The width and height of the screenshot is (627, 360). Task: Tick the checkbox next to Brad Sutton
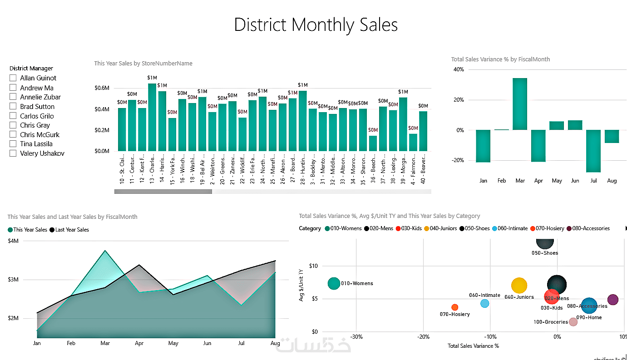tap(13, 107)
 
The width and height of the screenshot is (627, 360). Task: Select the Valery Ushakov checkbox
tap(13, 153)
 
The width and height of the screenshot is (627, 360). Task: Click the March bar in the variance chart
tap(520, 104)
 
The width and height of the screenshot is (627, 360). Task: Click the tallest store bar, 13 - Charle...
tap(152, 117)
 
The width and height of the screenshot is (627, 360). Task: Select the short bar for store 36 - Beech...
tap(373, 143)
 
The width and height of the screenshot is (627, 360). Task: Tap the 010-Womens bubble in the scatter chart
tap(334, 284)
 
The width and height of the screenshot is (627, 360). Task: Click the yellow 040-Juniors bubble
tap(519, 286)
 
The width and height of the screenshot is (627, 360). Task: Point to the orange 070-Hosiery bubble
tap(455, 307)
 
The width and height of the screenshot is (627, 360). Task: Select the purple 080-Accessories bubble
tap(613, 300)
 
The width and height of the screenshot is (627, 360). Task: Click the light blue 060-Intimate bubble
tap(485, 303)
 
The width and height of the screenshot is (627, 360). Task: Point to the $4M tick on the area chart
tap(13, 241)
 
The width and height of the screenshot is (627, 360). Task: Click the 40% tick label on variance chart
tap(459, 69)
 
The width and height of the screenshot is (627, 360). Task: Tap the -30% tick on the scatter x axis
tap(356, 337)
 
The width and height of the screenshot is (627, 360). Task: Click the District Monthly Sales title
tap(316, 25)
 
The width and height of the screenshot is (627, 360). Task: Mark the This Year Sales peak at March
tap(105, 251)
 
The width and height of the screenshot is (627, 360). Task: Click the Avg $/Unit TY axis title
tap(301, 286)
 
